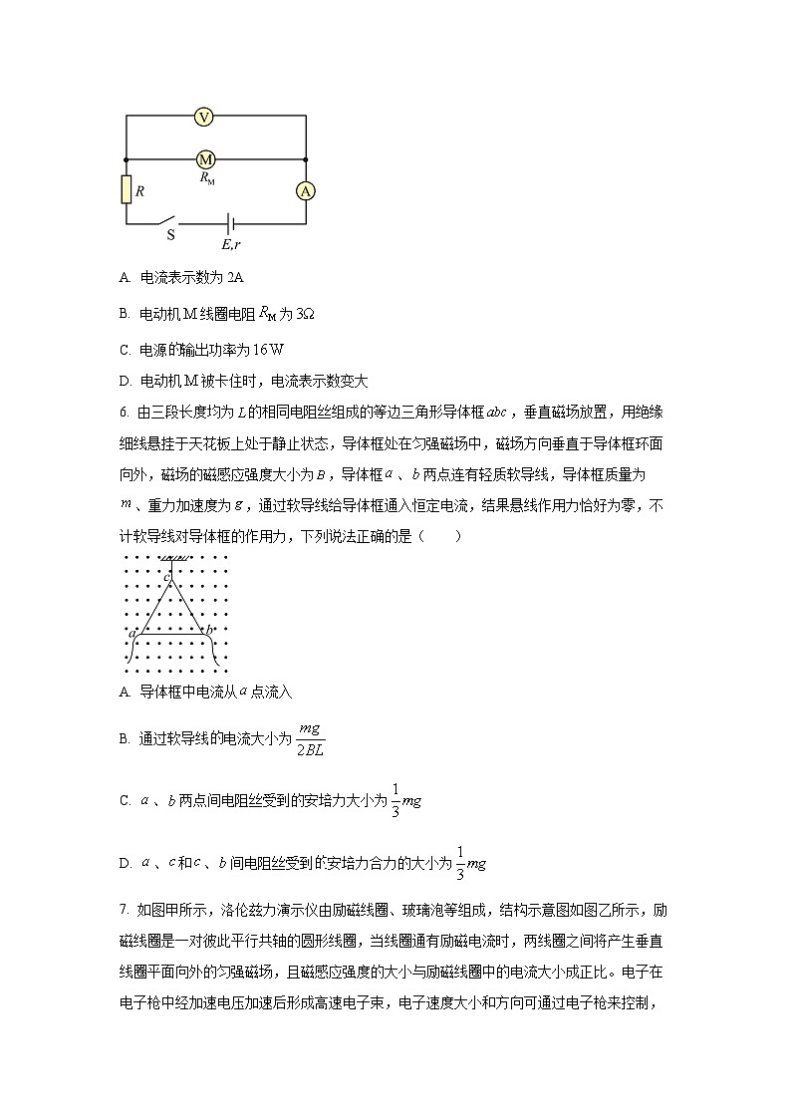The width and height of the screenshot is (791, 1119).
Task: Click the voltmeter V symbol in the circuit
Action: [x=204, y=117]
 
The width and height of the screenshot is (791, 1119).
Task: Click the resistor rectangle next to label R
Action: [x=127, y=189]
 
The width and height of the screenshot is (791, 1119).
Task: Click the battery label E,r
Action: [x=230, y=243]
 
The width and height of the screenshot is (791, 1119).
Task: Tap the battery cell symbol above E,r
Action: [x=230, y=223]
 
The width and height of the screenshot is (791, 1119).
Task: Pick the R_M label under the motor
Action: [x=207, y=178]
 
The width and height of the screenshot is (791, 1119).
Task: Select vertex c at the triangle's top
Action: [x=166, y=577]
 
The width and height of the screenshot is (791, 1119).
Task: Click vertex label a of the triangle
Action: [x=132, y=632]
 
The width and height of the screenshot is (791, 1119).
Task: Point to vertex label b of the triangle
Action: [x=209, y=630]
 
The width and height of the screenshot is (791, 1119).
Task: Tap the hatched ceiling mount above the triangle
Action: [x=176, y=558]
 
